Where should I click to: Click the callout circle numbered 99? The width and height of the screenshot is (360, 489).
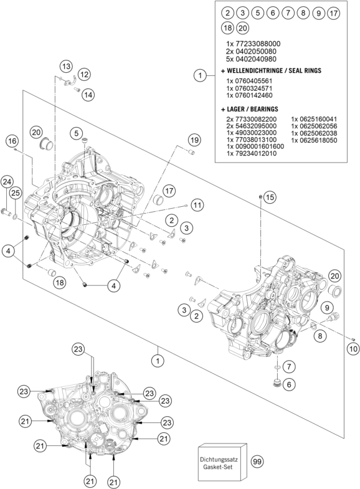tap(257, 461)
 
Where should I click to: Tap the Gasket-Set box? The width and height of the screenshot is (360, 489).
tap(222, 463)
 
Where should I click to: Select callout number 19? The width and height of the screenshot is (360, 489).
tap(194, 140)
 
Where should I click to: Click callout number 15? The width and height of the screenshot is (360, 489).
tap(270, 197)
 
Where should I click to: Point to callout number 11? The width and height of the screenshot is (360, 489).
tap(197, 205)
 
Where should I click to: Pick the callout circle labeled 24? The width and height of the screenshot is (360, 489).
tap(7, 182)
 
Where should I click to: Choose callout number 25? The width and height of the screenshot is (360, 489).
tap(16, 193)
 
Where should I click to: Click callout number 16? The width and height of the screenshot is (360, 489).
tap(12, 141)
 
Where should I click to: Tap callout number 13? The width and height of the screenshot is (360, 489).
tap(66, 67)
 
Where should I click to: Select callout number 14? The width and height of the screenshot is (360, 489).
tap(88, 95)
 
